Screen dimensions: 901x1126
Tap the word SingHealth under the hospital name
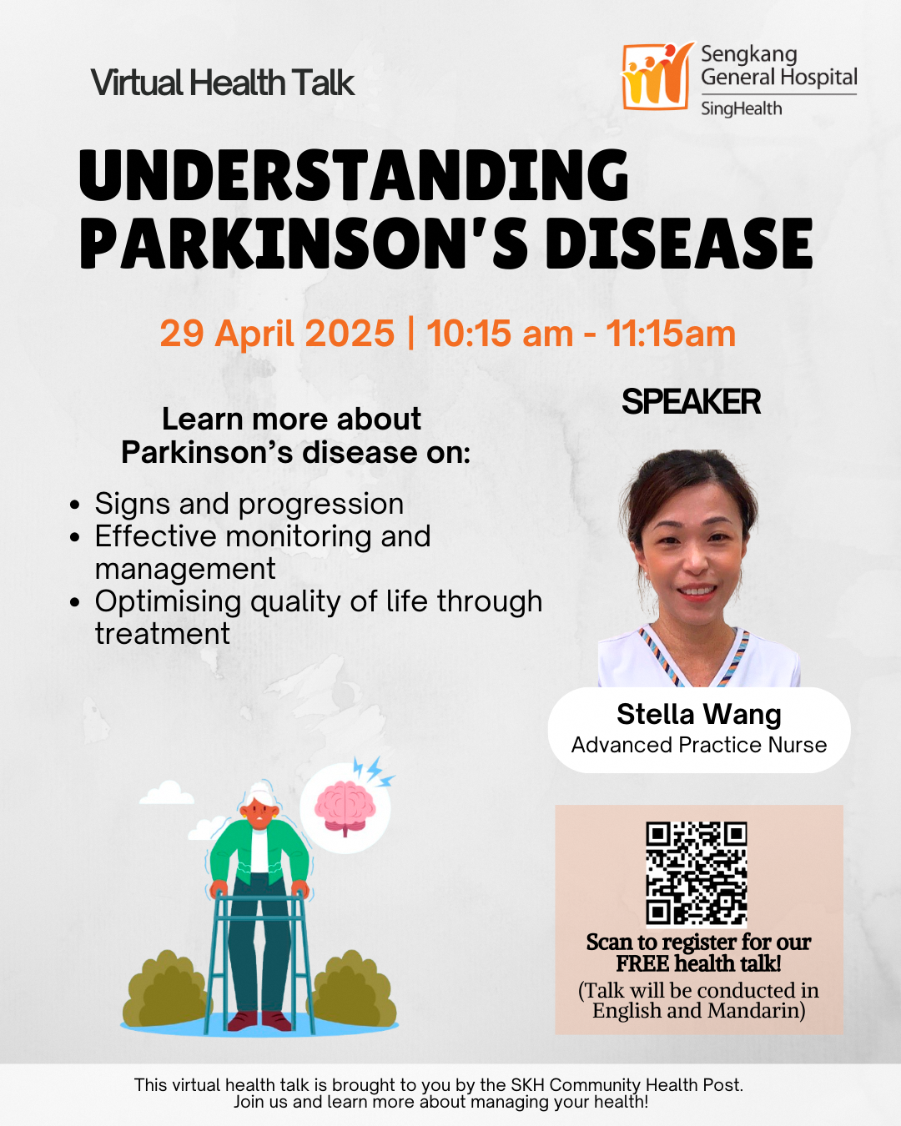tap(742, 108)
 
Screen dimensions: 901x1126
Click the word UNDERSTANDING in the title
tap(354, 176)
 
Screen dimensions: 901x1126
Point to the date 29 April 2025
tap(277, 333)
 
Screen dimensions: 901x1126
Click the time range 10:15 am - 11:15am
tap(581, 333)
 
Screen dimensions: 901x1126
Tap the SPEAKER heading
tap(691, 402)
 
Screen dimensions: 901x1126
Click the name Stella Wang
tap(699, 714)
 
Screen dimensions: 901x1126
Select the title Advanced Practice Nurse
tap(699, 745)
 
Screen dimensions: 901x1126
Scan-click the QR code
tap(697, 874)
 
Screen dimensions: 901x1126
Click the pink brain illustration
tap(345, 808)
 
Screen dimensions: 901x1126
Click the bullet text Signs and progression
tap(249, 504)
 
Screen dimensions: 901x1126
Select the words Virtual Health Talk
tap(223, 83)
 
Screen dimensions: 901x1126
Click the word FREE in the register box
tap(642, 964)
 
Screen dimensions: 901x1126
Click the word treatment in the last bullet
tap(163, 634)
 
